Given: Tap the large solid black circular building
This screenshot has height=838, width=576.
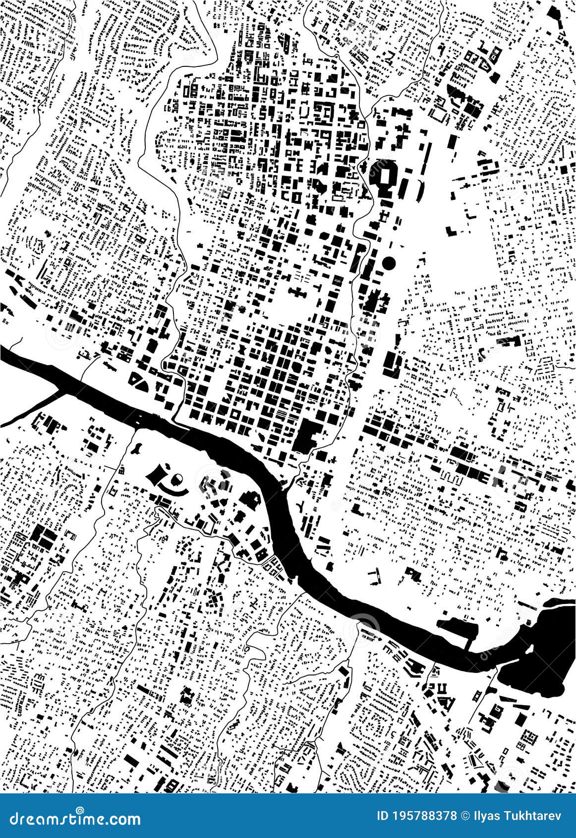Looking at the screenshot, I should (389, 262).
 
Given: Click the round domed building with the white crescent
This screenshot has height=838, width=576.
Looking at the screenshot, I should (176, 479).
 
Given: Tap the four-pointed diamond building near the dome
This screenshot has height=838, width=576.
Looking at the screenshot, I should (157, 476).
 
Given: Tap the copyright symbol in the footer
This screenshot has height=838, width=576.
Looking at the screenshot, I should (465, 816).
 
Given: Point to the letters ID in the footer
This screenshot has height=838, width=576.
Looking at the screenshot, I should (383, 816).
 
